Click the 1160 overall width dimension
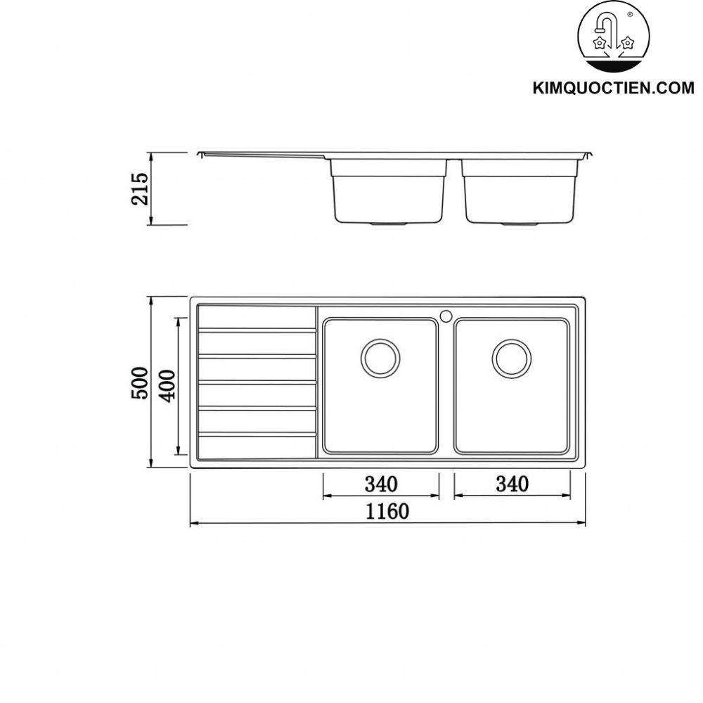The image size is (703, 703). (x=386, y=511)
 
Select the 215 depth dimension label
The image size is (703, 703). (x=141, y=188)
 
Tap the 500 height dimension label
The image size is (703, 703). (x=141, y=382)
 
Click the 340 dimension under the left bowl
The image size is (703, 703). (x=380, y=484)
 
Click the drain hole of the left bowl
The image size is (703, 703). (x=380, y=357)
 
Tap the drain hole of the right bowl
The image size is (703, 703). (x=511, y=357)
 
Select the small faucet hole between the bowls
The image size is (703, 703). (x=446, y=315)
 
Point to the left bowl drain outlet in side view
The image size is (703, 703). (x=389, y=224)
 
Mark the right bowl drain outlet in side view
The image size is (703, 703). (x=520, y=224)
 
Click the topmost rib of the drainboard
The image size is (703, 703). (x=257, y=330)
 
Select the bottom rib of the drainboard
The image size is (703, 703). (x=257, y=435)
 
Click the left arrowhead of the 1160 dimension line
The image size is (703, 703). (x=193, y=523)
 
